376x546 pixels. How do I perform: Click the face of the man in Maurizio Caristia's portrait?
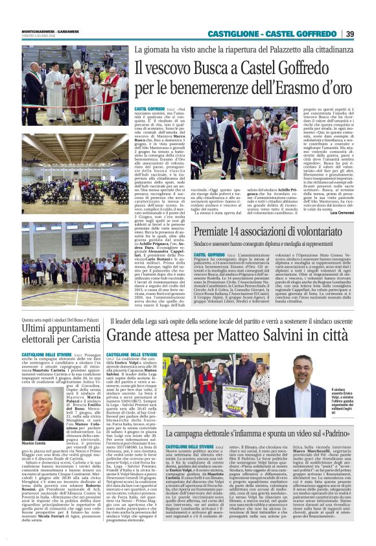[x=43, y=409]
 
